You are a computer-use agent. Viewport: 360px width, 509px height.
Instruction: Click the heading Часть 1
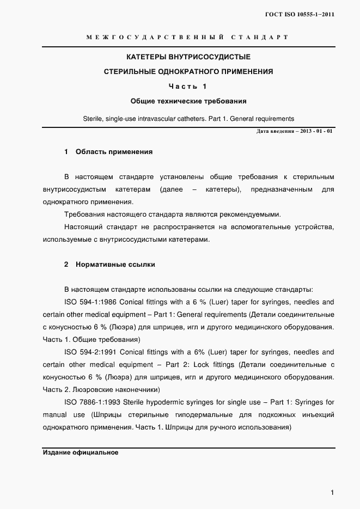(188, 86)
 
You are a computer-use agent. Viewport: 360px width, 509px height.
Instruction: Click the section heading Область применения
(114, 152)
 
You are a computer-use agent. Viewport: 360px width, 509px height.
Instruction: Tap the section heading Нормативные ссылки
(115, 265)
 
